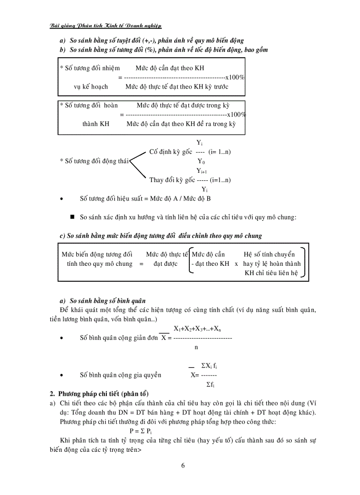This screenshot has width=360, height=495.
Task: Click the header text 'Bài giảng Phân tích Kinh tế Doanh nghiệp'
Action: pyautogui.click(x=105, y=26)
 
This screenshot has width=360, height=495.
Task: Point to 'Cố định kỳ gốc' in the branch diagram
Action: pyautogui.click(x=171, y=152)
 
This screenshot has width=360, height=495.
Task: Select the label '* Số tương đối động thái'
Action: pyautogui.click(x=94, y=161)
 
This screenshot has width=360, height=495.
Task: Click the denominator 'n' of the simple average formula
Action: pyautogui.click(x=196, y=347)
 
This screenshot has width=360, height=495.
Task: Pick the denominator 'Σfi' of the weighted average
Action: pyautogui.click(x=210, y=385)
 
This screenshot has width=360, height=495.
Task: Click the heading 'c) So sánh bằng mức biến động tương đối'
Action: pyautogui.click(x=160, y=236)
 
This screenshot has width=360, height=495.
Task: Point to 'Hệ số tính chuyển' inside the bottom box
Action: pyautogui.click(x=269, y=254)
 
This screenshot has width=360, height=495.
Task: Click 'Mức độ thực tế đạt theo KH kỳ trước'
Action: pyautogui.click(x=176, y=87)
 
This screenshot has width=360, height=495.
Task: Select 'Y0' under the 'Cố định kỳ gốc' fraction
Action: pyautogui.click(x=201, y=161)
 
